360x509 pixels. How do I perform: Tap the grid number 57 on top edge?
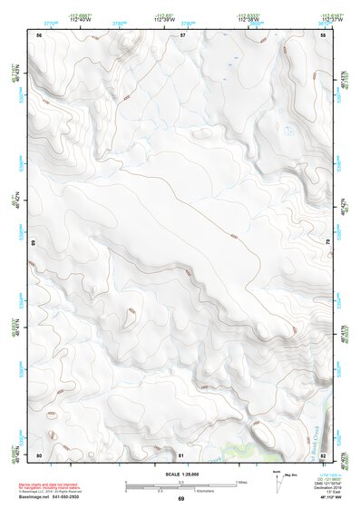[182, 35]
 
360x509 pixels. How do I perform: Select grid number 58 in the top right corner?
[323, 35]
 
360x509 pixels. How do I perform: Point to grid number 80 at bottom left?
[39, 454]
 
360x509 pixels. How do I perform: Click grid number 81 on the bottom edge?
[181, 454]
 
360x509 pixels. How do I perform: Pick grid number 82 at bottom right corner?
[323, 454]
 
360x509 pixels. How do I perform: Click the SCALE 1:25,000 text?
[180, 475]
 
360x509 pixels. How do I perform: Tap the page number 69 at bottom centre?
[180, 499]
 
